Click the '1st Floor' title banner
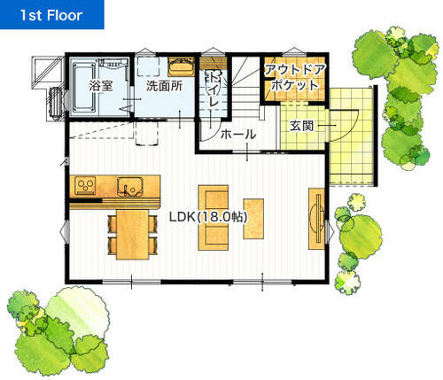51,14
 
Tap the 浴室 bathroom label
101,86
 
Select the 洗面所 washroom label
164,86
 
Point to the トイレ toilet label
214,89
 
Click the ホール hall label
238,135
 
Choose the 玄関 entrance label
301,126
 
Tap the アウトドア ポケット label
294,77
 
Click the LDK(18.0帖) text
208,217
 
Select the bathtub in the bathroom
84,89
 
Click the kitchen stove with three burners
85,185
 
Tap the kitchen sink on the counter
130,187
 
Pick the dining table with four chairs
132,235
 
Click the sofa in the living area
214,218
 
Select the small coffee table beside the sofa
253,219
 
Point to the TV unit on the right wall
316,219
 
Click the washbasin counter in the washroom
182,67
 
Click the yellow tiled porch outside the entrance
352,136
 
